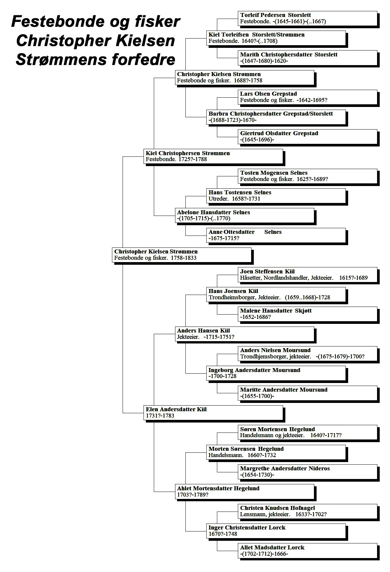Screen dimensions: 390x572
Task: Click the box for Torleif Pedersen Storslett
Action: tap(308, 18)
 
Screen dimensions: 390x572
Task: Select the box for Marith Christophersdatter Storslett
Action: tap(308, 58)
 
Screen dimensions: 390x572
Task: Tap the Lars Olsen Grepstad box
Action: tap(308, 97)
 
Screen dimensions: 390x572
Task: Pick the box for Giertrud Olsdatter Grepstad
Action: tap(308, 137)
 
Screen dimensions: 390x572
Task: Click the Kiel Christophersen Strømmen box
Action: tap(213, 156)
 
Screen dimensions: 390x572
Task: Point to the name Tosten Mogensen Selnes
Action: tap(274, 173)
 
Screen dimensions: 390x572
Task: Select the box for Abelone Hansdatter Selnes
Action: tap(245, 215)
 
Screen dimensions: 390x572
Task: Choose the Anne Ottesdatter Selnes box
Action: tap(276, 235)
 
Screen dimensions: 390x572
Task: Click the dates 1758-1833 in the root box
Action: tap(183, 258)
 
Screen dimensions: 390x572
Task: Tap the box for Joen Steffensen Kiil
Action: tap(308, 275)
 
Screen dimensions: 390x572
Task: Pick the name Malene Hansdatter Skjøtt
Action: tap(276, 311)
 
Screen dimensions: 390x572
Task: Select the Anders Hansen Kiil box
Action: tap(245, 334)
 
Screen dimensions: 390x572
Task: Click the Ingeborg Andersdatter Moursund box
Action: tap(276, 373)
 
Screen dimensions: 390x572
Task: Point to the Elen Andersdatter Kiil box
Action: tap(213, 413)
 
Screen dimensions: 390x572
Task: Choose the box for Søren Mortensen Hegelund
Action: tap(308, 432)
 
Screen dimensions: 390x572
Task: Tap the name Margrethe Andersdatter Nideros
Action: tap(285, 469)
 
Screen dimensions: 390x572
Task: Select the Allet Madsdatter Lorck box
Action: tap(308, 551)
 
